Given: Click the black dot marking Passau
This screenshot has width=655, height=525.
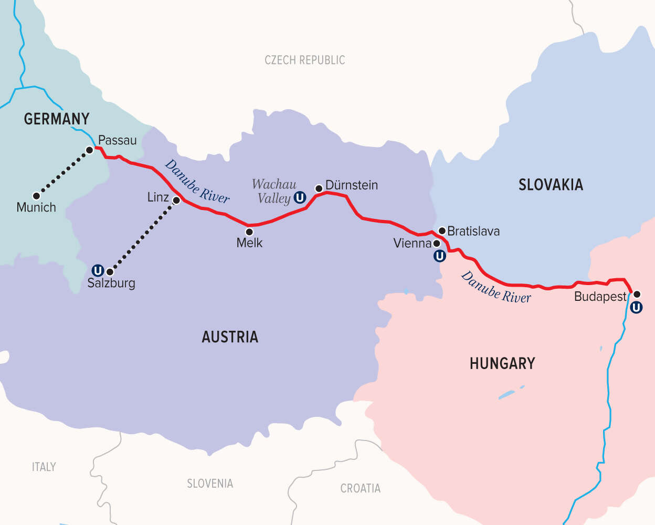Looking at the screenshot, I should [90, 150].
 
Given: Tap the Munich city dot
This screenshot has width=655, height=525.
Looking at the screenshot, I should [36, 196].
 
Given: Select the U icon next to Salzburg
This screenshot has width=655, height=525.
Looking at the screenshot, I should [98, 271].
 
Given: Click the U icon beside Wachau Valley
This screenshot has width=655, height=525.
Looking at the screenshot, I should [300, 198].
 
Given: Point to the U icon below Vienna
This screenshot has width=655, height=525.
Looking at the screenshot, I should [440, 256].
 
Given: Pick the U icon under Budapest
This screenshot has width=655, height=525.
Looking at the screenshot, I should [636, 308].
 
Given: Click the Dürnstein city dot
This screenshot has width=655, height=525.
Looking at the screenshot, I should [319, 188].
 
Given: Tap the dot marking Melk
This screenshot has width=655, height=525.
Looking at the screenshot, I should [249, 232].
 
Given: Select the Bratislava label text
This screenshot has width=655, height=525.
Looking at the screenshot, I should [473, 231].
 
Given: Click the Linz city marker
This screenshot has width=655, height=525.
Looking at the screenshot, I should [176, 201].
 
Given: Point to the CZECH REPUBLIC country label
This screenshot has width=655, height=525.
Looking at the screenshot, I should [304, 60].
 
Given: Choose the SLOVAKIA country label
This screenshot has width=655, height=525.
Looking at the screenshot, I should [551, 185].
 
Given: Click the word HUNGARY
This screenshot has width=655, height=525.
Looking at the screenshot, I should [502, 363].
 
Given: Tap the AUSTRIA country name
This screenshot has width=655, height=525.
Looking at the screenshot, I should [230, 337].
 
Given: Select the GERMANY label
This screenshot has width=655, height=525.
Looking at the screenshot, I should [57, 119].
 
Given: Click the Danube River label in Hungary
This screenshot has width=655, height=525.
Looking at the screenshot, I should [496, 288].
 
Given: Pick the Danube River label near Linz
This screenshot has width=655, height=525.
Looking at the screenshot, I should [197, 182].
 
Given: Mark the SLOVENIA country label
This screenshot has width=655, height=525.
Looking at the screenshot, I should [210, 484].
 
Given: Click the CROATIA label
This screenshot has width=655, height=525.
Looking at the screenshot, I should [360, 488].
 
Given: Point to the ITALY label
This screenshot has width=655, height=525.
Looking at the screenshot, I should [44, 467].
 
